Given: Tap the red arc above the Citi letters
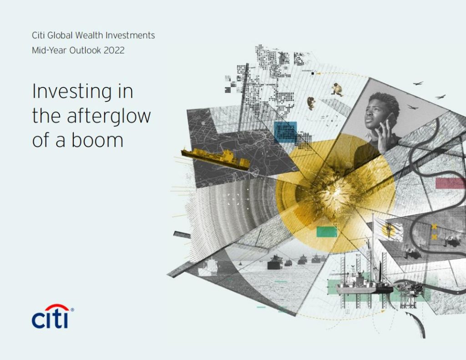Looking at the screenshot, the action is click(x=57, y=307).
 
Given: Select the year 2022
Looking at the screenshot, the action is click(x=114, y=50).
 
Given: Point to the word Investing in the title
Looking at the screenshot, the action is click(x=72, y=92).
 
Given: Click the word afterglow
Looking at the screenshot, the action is click(x=109, y=117).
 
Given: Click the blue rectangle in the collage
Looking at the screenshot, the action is click(x=285, y=132).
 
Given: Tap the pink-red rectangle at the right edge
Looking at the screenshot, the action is click(x=451, y=183).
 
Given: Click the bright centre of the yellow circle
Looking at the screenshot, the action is click(x=335, y=193).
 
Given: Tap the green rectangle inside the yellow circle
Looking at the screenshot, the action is click(x=327, y=232).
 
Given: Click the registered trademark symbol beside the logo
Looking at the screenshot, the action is click(x=72, y=310).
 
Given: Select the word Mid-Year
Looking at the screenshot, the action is click(x=49, y=50).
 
